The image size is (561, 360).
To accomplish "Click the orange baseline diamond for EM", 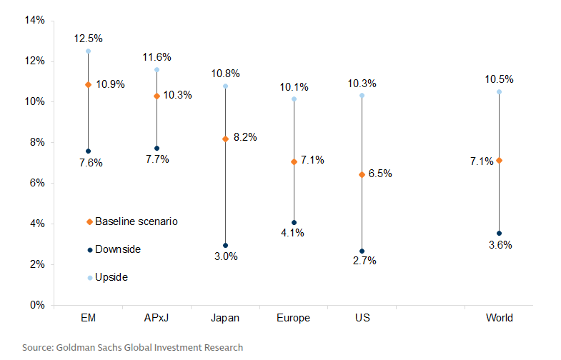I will [x=88, y=84].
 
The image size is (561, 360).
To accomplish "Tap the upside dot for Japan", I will [x=225, y=86].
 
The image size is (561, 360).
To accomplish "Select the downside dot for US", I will [x=362, y=251].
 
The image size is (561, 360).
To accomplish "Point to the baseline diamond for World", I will [x=499, y=161].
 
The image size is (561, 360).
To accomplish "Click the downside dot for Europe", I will [x=294, y=222].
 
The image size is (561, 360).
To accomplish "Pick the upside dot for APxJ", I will [x=157, y=70].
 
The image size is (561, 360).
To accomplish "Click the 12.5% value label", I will [x=88, y=38].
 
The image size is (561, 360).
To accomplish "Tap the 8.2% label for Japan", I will [x=245, y=136].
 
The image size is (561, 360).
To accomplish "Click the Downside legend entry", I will [x=117, y=249].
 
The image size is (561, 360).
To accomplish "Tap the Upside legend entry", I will [x=111, y=277].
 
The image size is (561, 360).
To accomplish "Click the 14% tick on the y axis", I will [x=34, y=21].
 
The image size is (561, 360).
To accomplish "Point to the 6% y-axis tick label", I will [x=36, y=184].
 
